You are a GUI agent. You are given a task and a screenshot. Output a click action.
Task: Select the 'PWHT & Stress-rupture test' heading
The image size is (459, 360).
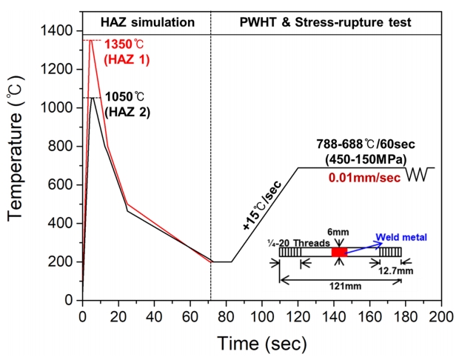tap(326, 23)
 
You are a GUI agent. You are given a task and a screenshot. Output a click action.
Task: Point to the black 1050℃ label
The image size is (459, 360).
tap(124, 97)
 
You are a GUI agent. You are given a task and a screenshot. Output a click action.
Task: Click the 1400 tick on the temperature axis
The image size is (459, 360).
tap(57, 31)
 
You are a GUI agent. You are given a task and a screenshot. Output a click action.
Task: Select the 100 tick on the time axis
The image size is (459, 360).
tap(262, 316)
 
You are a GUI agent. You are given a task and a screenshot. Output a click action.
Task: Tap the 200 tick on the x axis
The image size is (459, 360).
tap(442, 316)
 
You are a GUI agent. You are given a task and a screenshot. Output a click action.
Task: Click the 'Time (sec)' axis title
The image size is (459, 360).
tap(262, 343)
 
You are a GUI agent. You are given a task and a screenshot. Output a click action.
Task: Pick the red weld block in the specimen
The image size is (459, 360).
tap(339, 253)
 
